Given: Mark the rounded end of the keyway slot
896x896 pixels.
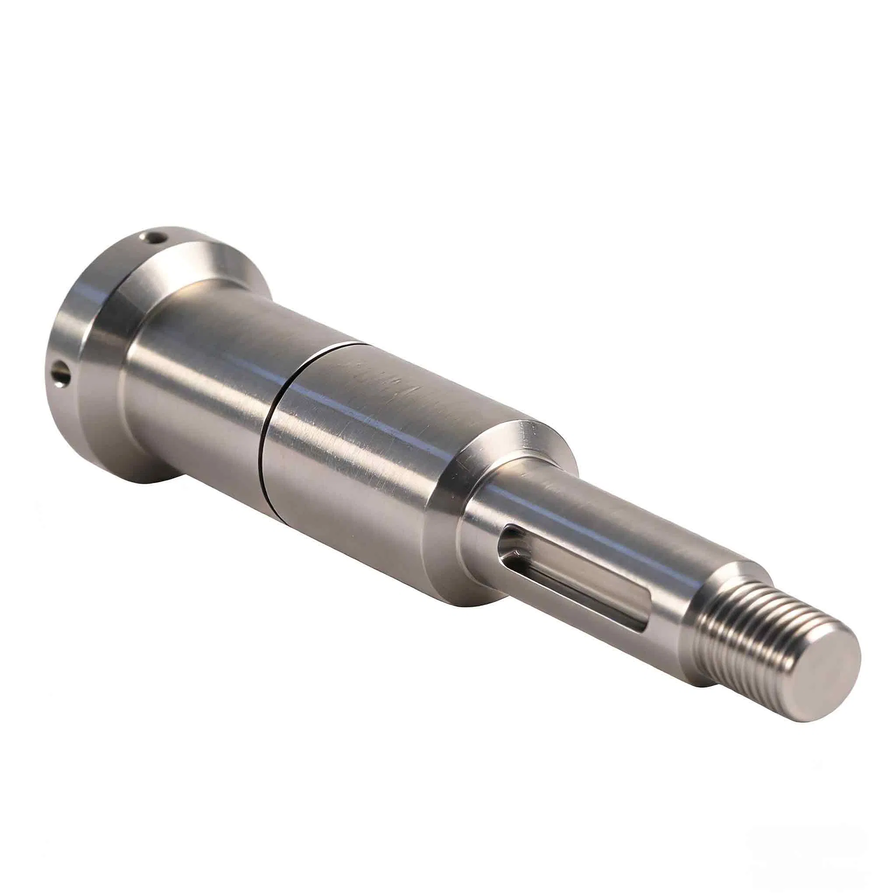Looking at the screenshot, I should pyautogui.click(x=510, y=542).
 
